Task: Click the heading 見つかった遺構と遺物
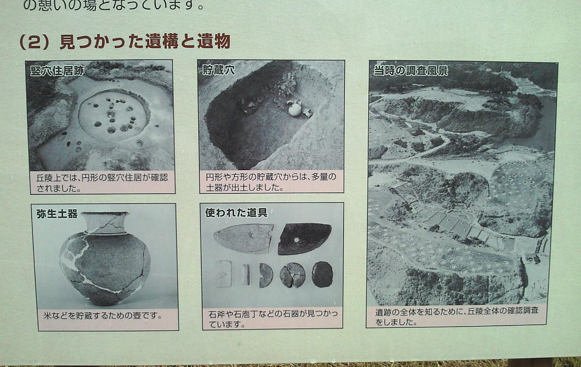click(x=145, y=41)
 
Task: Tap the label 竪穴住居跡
click(x=57, y=71)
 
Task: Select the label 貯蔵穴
click(x=218, y=70)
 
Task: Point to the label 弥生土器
click(x=57, y=214)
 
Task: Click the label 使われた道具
click(x=236, y=213)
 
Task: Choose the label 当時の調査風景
click(x=410, y=70)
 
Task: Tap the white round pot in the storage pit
click(x=295, y=109)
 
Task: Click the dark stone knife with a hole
click(x=305, y=239)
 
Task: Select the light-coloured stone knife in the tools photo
click(x=244, y=239)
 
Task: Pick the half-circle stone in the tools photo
click(x=265, y=275)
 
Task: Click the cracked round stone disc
click(x=292, y=275)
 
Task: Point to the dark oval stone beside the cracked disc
click(x=322, y=274)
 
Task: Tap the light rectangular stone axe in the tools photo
click(x=224, y=274)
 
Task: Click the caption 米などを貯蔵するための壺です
click(x=103, y=316)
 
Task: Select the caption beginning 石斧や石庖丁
click(x=273, y=319)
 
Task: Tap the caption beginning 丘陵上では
click(x=102, y=183)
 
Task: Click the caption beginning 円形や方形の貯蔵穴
click(x=271, y=182)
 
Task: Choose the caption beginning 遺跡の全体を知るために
click(x=456, y=316)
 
